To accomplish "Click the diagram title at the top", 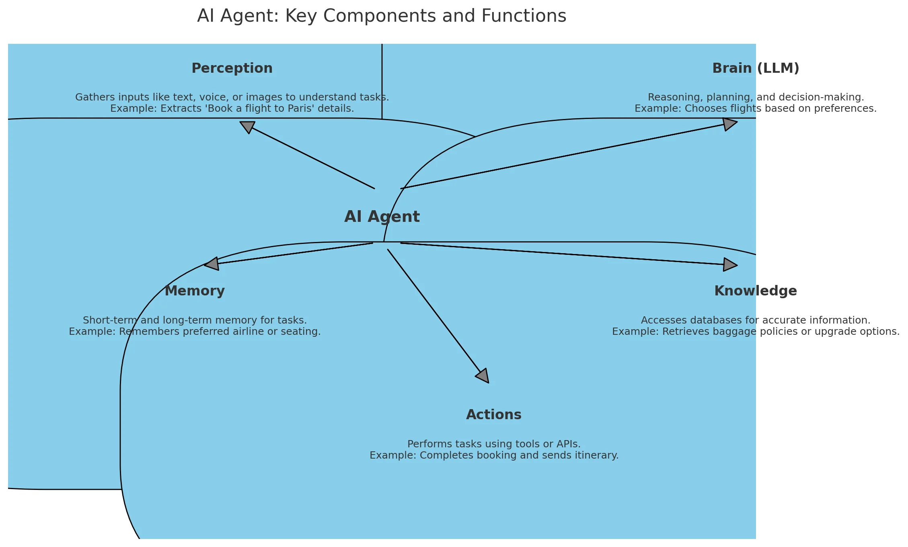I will point(381,16).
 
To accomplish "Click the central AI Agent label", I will point(382,217).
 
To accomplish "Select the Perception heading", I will point(232,68).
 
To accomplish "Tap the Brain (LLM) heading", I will point(756,68).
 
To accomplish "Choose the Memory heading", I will point(195,291).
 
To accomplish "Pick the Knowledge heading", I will point(755,291).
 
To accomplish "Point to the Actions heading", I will point(493,415).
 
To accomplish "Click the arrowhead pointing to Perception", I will point(247,126).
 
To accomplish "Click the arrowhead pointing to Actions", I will point(483,376).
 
